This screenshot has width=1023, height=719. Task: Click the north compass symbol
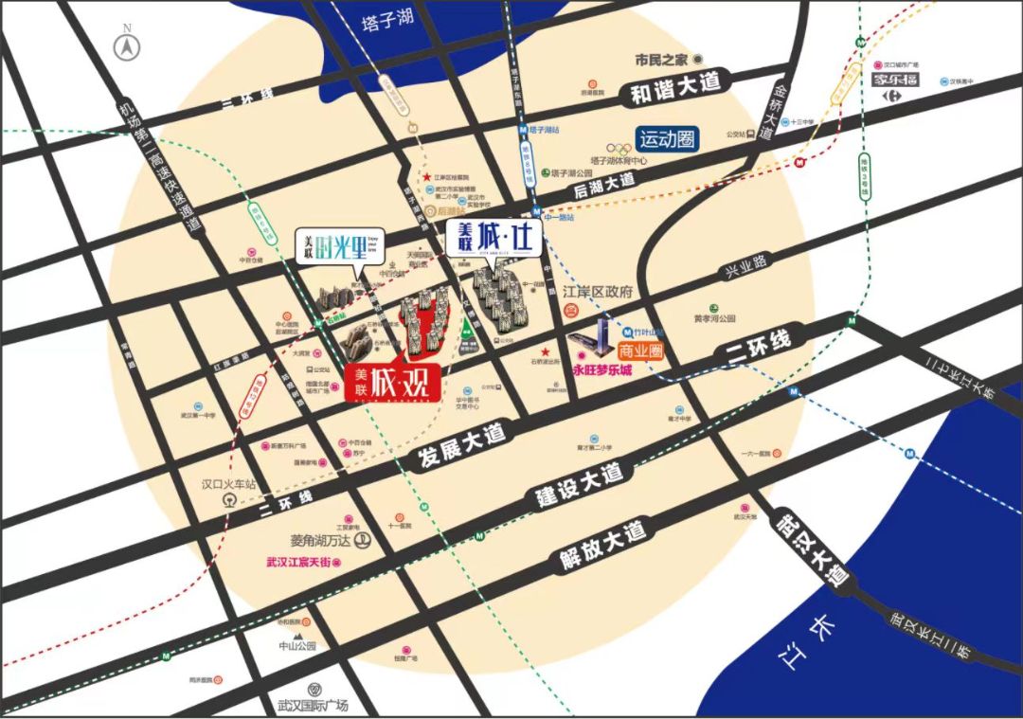tap(123, 45)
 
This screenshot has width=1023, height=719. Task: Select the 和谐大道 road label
tap(673, 91)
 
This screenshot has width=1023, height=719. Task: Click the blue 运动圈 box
tap(667, 139)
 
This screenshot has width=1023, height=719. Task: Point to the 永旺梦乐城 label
tap(602, 370)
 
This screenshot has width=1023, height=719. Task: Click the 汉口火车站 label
tap(229, 484)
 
